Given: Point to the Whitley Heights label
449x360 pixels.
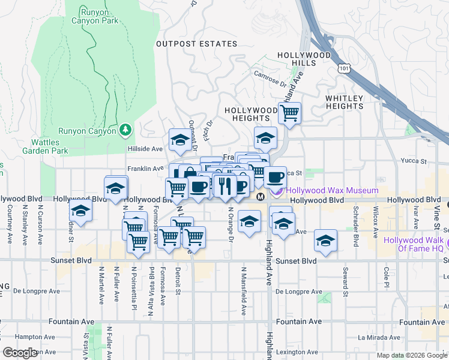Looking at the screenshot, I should [x=345, y=102].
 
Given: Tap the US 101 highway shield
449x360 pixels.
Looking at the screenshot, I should [x=344, y=69].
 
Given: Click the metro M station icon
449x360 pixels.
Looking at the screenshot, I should [x=261, y=197].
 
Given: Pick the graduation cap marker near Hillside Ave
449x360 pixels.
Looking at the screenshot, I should [x=179, y=140].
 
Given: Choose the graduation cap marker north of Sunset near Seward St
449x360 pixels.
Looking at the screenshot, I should [x=325, y=241].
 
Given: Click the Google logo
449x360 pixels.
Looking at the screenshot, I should [x=19, y=353].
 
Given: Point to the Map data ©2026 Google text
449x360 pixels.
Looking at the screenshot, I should [x=411, y=355].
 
